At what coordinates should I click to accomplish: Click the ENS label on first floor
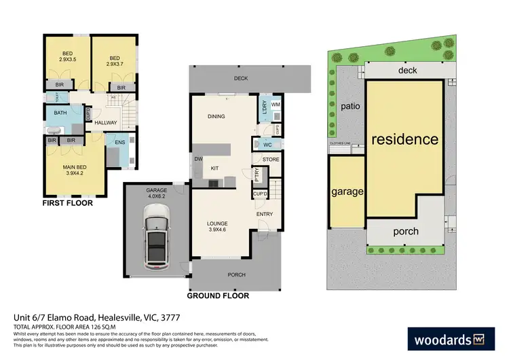pyautogui.click(x=119, y=142)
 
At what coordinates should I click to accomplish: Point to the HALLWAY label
pyautogui.click(x=106, y=123)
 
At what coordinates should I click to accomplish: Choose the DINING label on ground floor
pyautogui.click(x=216, y=117)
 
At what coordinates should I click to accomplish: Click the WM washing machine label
pyautogui.click(x=275, y=105)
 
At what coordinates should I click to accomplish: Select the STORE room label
pyautogui.click(x=271, y=160)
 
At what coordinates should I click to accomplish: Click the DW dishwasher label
pyautogui.click(x=198, y=160)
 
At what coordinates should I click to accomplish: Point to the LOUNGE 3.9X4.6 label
pyautogui.click(x=217, y=227)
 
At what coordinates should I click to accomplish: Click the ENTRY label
pyautogui.click(x=265, y=214)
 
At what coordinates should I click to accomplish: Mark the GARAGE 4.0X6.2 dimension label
pyautogui.click(x=156, y=194)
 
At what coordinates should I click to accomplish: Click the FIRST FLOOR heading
pyautogui.click(x=68, y=202)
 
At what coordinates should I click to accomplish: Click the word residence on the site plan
pyautogui.click(x=404, y=139)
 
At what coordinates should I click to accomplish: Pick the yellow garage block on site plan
pyautogui.click(x=347, y=192)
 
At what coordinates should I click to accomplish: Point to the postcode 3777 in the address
pyautogui.click(x=170, y=317)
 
